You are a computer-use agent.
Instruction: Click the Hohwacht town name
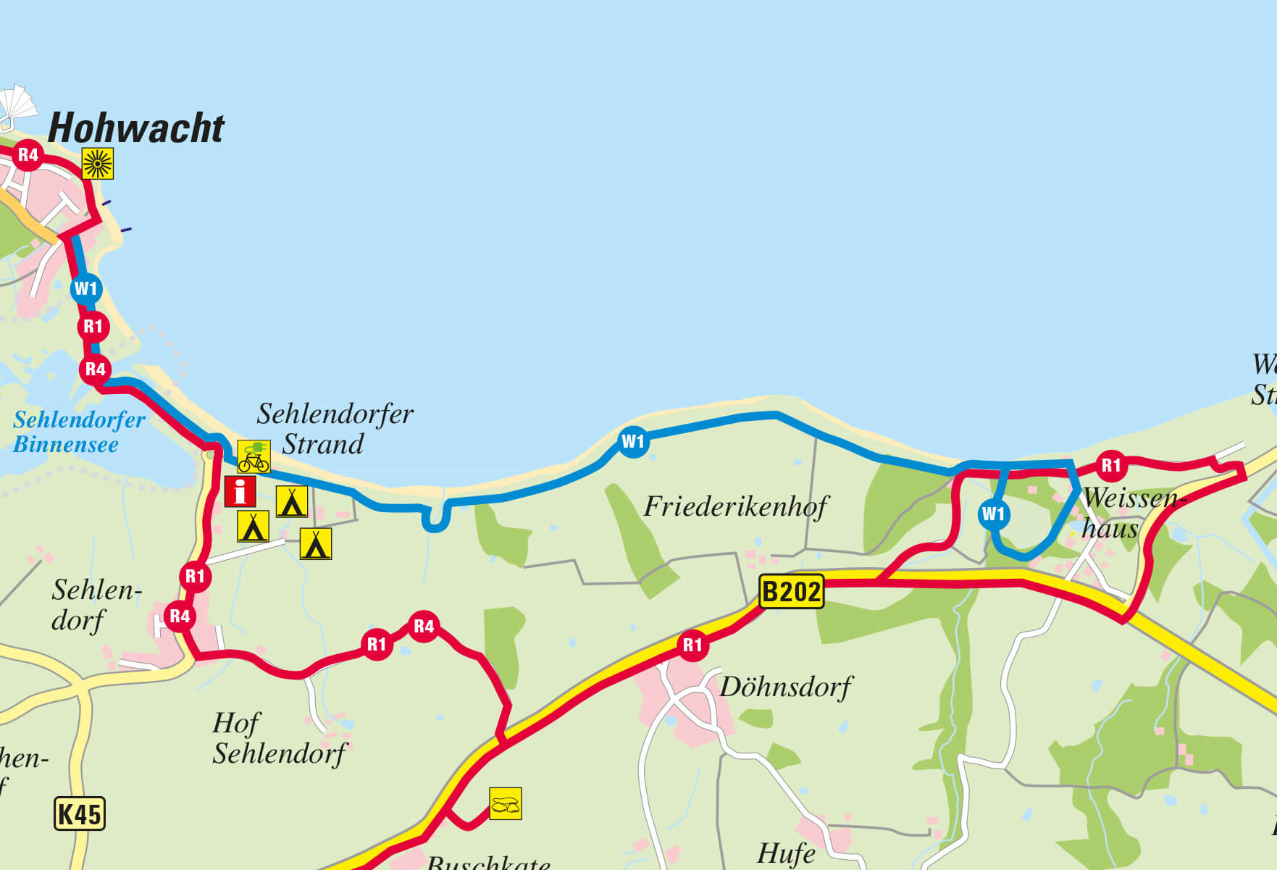click(x=136, y=128)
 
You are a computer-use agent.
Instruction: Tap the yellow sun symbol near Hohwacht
click(x=98, y=163)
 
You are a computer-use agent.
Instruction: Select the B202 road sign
click(x=791, y=592)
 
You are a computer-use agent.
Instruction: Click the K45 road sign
click(x=80, y=813)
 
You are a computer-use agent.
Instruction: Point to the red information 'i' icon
click(x=240, y=492)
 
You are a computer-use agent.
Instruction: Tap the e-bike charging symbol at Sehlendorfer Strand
click(x=254, y=457)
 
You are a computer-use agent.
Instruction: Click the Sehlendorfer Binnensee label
click(x=78, y=432)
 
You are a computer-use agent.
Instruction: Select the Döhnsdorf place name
click(x=785, y=687)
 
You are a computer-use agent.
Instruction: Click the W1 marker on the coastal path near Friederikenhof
click(x=633, y=441)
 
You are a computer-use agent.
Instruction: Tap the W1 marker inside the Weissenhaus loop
click(x=993, y=514)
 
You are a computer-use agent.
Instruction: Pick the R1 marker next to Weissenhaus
click(x=1110, y=465)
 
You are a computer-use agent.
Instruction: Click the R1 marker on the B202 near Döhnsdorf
click(x=692, y=645)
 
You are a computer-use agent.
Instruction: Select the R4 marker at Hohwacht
click(x=28, y=154)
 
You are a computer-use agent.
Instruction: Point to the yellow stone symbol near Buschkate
click(x=505, y=804)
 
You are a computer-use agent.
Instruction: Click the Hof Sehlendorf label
click(x=279, y=738)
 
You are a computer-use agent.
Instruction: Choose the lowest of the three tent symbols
click(x=316, y=544)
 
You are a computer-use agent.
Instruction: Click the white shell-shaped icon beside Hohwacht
click(x=17, y=105)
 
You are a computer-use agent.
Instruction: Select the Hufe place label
click(x=786, y=853)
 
